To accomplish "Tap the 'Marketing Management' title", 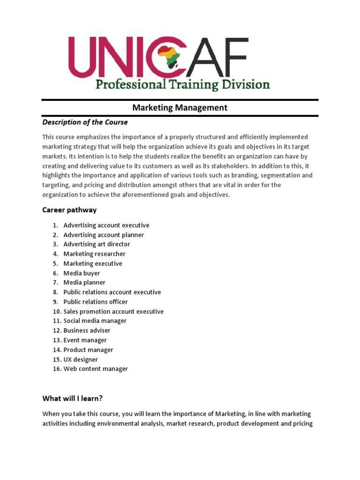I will point(180,108).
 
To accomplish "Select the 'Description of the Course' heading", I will point(85,122).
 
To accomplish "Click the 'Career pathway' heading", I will point(69,210).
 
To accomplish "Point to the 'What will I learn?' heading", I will point(72,398).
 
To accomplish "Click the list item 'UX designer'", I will point(81,360).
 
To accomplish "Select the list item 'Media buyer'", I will point(82,273).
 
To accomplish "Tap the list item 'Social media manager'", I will point(95,321).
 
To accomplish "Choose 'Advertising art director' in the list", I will point(97,244).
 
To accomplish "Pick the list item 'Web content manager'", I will point(96,369).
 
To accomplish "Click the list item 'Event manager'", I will point(85,340).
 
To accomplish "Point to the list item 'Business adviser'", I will point(87,330).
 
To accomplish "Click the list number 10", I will point(56,312).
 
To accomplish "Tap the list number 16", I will point(56,369).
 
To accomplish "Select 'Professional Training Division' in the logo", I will point(183,85).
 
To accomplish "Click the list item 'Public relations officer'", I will point(95,302).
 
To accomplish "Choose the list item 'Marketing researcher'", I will point(94,254).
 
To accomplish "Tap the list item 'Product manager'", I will point(88,350).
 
